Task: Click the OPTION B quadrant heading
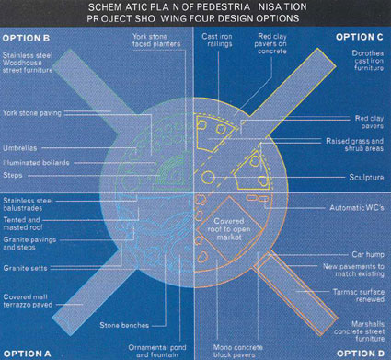click(26, 38)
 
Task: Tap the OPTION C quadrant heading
click(360, 37)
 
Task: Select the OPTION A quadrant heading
click(27, 354)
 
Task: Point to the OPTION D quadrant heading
click(361, 354)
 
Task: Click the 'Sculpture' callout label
click(366, 178)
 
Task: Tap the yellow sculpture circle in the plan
click(208, 178)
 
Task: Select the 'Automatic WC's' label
click(357, 208)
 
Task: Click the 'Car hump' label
click(368, 255)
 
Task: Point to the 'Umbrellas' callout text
click(20, 148)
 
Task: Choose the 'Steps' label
click(13, 176)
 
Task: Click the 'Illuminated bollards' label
click(36, 163)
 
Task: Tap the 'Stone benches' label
click(124, 325)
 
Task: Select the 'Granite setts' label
click(25, 268)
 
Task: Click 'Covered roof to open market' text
click(229, 229)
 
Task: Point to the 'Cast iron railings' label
click(217, 41)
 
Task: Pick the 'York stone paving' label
click(32, 113)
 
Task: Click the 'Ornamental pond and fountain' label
click(157, 351)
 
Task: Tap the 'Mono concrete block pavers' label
click(238, 351)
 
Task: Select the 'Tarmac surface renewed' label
click(359, 296)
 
